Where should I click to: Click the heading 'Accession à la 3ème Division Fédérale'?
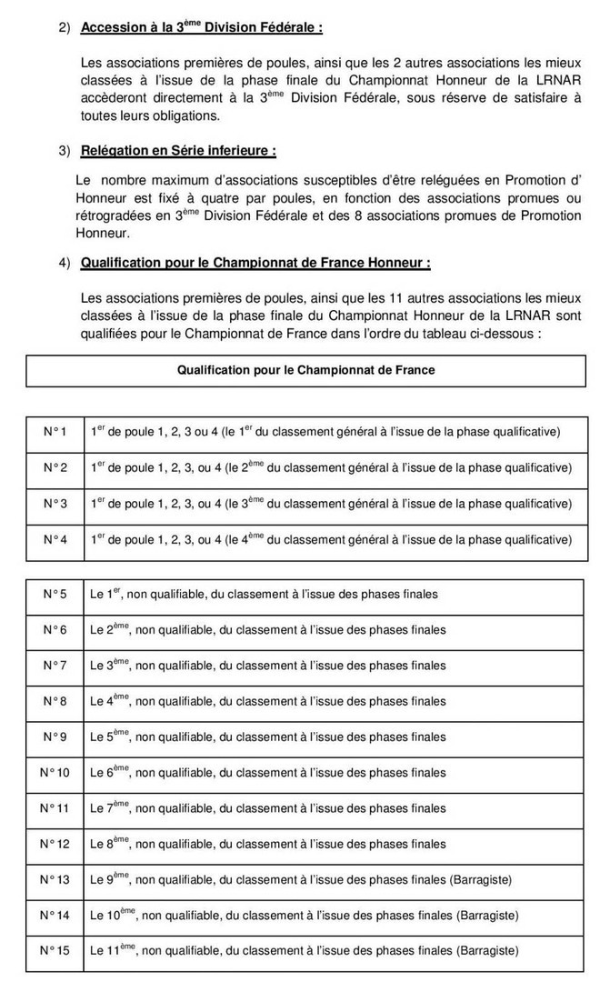click(x=201, y=27)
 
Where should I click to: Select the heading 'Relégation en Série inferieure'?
click(x=178, y=149)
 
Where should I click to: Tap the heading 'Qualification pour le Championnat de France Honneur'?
click(x=255, y=263)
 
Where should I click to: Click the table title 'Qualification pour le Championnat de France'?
click(x=305, y=370)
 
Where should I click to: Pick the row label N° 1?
click(x=55, y=430)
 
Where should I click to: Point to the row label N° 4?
click(x=55, y=539)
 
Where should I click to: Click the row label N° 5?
click(x=55, y=594)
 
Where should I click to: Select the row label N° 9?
click(x=55, y=736)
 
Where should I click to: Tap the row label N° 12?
click(x=55, y=844)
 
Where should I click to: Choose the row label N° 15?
click(x=55, y=950)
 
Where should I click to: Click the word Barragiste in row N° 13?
click(x=481, y=879)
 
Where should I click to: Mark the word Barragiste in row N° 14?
click(x=487, y=915)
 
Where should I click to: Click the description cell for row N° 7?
click(x=268, y=666)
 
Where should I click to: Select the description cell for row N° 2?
click(x=331, y=467)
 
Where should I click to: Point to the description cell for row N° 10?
click(x=268, y=773)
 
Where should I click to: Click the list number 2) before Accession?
click(x=65, y=28)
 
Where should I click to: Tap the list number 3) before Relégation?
click(x=65, y=149)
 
